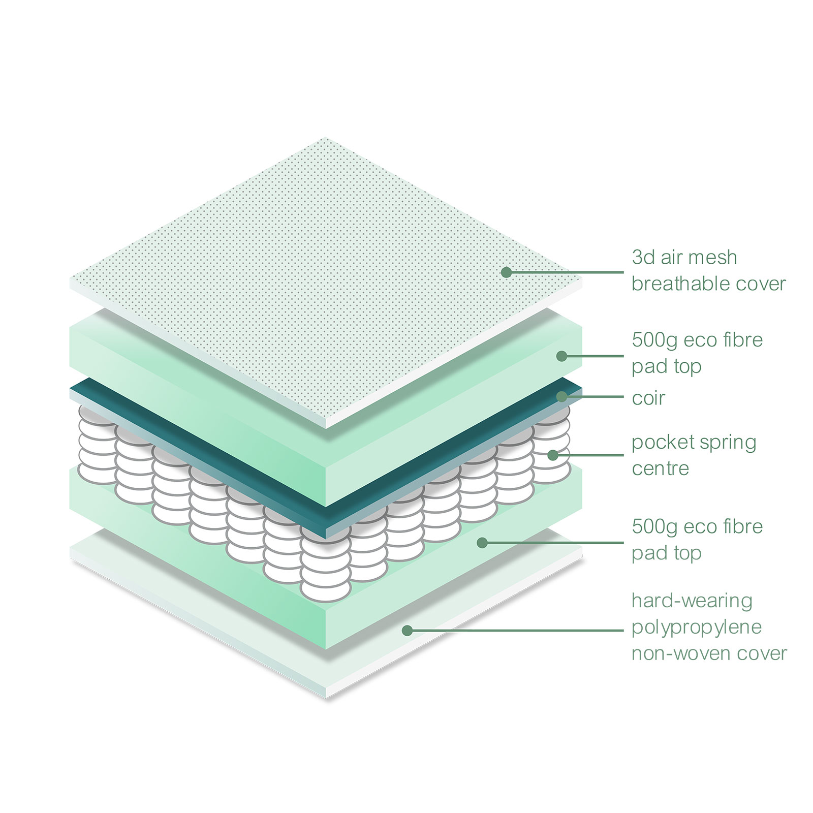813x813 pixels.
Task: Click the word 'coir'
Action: [648, 398]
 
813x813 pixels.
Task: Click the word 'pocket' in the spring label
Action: [660, 443]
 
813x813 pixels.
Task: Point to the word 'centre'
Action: [660, 468]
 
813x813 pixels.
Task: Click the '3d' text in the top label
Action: [643, 257]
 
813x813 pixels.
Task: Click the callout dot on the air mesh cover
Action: [506, 272]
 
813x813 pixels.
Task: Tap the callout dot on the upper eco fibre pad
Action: [561, 356]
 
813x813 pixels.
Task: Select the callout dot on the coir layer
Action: [561, 396]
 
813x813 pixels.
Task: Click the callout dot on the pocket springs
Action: [553, 455]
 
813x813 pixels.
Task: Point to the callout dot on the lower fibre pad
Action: [482, 543]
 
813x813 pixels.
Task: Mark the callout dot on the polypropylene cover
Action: [407, 631]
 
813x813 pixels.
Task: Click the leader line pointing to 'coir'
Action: [592, 396]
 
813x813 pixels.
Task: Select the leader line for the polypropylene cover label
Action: [515, 631]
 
